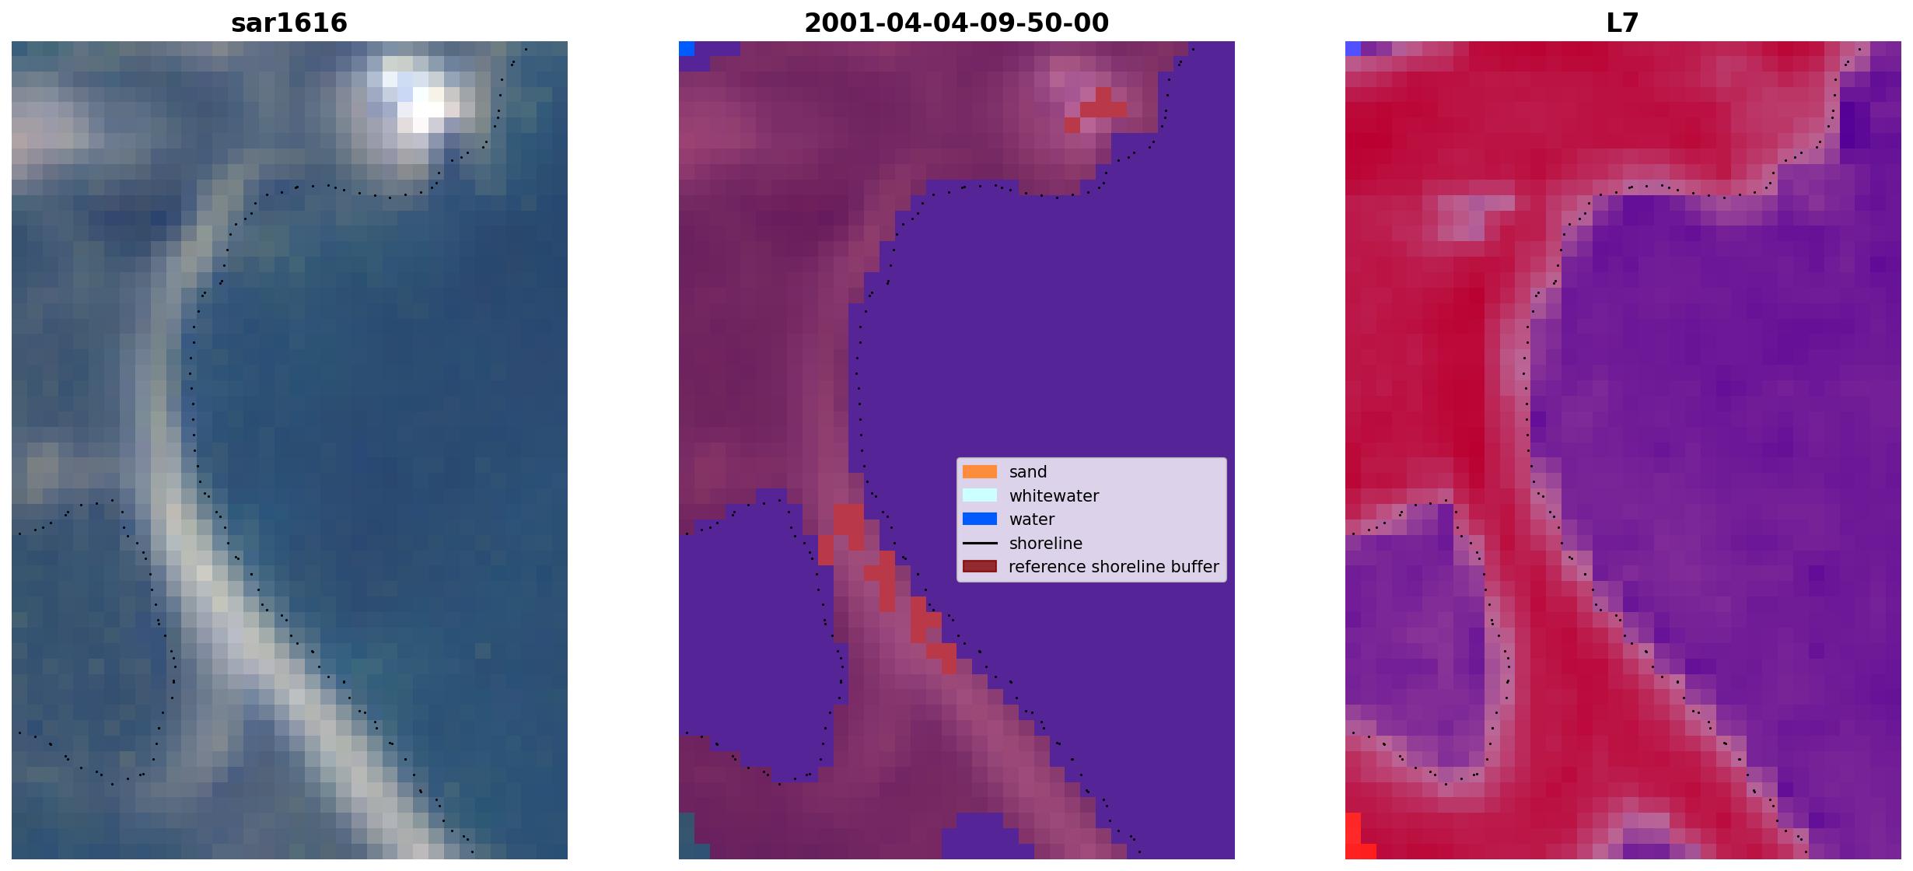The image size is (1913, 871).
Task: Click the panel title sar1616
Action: pos(289,23)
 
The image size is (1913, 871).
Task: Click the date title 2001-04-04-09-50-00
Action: pos(956,23)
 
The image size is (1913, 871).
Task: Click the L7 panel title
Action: pos(1623,23)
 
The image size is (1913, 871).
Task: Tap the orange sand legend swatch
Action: pos(980,472)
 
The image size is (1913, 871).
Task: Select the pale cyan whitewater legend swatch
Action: pos(980,495)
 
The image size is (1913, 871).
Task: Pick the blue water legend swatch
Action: pos(980,519)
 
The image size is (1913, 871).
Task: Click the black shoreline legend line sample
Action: pos(980,543)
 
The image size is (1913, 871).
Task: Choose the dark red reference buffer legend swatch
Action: pos(980,566)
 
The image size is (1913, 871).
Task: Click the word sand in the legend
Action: pos(1028,472)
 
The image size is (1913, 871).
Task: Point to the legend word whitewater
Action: pos(1054,496)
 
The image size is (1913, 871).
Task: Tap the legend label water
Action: pos(1032,519)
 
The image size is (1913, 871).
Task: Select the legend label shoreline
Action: pos(1046,544)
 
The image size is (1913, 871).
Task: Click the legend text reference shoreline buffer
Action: pos(1114,567)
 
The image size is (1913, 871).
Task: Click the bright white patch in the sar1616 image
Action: pos(420,101)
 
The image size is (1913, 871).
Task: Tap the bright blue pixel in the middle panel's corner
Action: pos(687,48)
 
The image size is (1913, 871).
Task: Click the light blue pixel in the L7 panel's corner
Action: pos(1353,48)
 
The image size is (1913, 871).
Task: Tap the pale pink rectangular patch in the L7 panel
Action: pos(1476,218)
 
